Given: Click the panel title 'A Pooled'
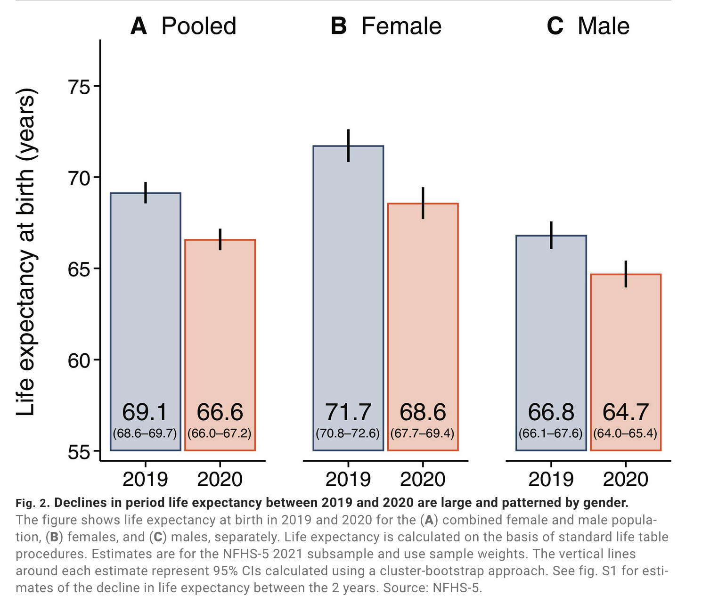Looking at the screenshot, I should tap(183, 26).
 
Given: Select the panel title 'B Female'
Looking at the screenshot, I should tap(386, 26).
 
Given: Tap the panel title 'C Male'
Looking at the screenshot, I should tap(588, 26).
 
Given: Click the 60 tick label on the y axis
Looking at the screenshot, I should tap(79, 360).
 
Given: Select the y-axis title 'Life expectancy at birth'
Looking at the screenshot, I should tap(26, 252).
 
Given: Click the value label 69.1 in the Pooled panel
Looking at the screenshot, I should tap(145, 412).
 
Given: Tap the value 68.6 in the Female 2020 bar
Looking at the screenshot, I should tap(423, 412).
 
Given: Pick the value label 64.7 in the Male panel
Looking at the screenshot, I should tap(626, 412).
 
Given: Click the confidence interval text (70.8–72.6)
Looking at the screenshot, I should tap(348, 433).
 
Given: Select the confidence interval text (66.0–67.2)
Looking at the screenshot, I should tap(220, 433).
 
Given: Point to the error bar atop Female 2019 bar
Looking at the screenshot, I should tap(348, 146).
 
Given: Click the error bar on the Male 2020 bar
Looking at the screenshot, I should tap(626, 274).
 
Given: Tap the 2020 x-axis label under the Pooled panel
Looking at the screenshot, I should tap(220, 480).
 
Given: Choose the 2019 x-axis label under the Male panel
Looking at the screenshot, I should tap(551, 480).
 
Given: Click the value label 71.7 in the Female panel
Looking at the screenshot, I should tap(348, 412).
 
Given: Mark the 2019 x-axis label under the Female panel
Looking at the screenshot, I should tap(348, 480).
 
